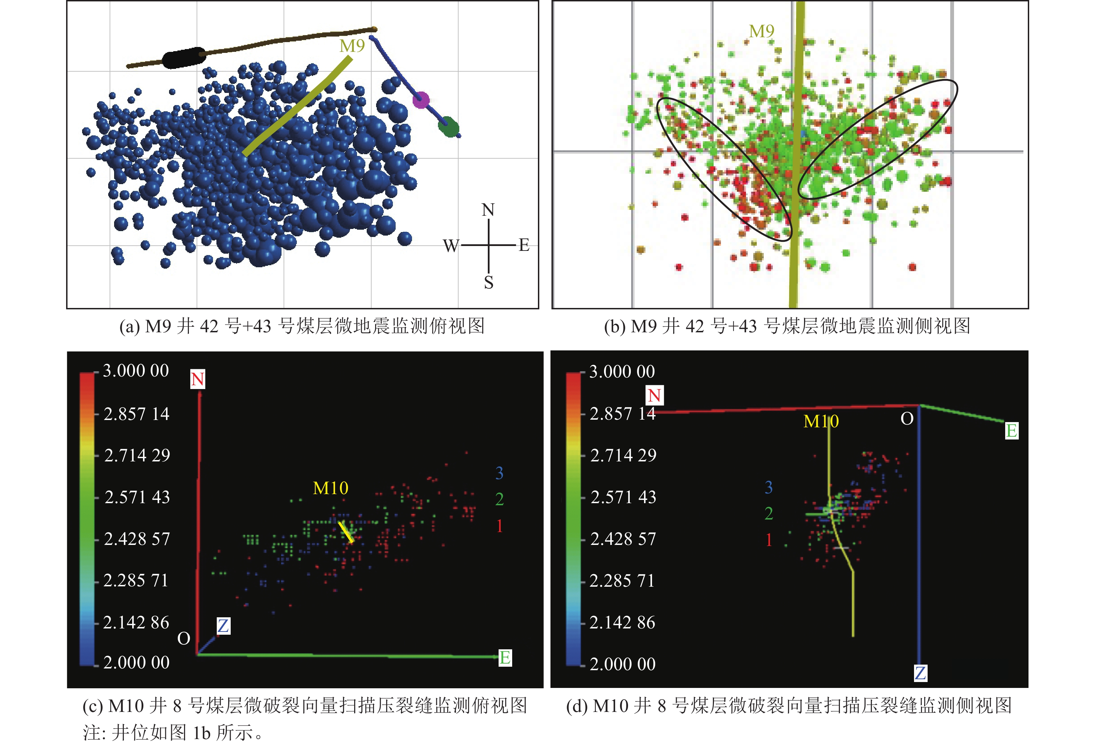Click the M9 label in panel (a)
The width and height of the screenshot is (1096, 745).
352,46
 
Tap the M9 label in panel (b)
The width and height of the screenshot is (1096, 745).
761,31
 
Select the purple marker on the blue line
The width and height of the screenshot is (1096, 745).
421,100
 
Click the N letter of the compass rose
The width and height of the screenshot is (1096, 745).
488,210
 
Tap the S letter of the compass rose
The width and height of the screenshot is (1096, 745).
489,283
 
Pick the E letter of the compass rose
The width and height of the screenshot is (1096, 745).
524,245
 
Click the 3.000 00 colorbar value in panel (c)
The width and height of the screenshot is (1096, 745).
136,371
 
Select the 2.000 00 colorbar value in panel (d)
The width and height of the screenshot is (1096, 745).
622,664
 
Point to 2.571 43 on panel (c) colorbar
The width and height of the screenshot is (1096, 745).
137,497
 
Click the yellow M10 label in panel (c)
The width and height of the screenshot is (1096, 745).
331,488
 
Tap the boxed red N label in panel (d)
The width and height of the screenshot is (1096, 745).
654,395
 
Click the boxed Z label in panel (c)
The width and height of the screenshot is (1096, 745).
223,626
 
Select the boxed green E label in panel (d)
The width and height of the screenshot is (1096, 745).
1011,430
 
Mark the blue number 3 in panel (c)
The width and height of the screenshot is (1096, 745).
499,473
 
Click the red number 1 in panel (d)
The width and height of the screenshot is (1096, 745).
769,539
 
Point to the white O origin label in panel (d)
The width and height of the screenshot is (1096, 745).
907,419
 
